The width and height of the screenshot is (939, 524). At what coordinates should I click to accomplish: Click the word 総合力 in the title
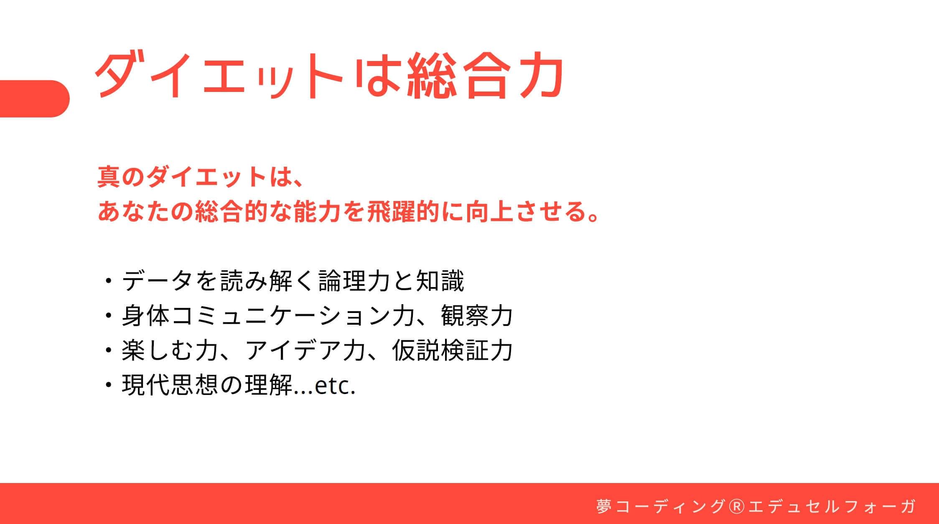(x=485, y=76)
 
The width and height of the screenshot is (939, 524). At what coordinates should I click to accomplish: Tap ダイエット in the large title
(x=220, y=76)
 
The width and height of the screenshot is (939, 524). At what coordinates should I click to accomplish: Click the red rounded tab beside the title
(x=35, y=99)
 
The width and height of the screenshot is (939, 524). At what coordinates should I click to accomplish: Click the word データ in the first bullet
(x=157, y=280)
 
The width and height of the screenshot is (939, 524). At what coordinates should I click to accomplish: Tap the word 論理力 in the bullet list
(x=354, y=280)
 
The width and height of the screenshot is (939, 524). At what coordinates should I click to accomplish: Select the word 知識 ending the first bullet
(x=440, y=280)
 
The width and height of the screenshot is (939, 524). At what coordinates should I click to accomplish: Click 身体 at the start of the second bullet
(x=146, y=315)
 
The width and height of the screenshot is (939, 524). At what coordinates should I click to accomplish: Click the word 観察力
(x=476, y=315)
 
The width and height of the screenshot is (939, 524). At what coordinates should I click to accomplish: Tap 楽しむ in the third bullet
(x=157, y=350)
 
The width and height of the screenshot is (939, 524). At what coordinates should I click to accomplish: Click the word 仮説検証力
(x=452, y=350)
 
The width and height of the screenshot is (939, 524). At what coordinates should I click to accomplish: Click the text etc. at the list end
(x=335, y=387)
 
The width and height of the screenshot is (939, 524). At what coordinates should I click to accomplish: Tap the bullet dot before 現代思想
(x=109, y=385)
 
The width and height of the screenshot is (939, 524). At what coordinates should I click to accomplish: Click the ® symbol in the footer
(x=736, y=506)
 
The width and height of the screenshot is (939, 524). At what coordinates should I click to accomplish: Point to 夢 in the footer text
(x=604, y=506)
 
